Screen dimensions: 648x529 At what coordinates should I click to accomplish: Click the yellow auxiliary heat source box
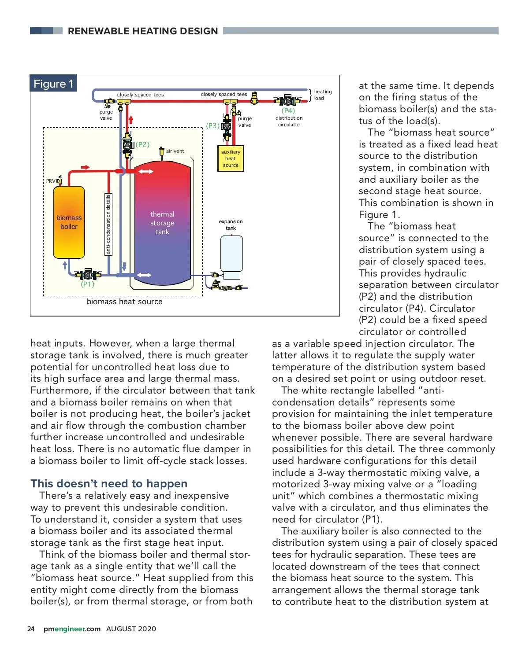click(231, 158)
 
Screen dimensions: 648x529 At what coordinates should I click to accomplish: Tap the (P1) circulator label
click(88, 284)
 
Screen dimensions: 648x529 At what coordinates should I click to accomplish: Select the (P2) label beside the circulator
click(142, 144)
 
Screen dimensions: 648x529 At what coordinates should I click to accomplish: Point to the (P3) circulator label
click(212, 125)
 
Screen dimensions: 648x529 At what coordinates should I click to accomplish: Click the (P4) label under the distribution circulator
click(288, 110)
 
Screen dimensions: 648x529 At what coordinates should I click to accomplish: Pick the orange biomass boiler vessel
click(69, 222)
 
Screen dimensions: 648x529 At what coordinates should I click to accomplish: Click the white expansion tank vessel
click(231, 254)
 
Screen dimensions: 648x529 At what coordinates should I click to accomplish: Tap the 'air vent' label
click(175, 151)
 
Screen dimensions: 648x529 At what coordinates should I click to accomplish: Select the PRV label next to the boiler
click(51, 181)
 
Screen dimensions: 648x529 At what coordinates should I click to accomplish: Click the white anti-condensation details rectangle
click(108, 224)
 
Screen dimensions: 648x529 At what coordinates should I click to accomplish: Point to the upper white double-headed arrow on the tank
click(145, 171)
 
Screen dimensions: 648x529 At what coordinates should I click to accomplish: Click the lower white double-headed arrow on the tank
click(144, 275)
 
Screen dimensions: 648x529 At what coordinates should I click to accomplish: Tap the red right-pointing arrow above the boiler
click(86, 167)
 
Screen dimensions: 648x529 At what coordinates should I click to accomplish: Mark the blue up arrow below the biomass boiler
click(65, 265)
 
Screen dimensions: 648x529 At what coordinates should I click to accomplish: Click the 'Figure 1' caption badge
click(53, 84)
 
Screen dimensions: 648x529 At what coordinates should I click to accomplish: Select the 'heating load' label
click(322, 95)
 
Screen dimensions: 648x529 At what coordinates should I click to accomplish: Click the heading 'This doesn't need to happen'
click(109, 483)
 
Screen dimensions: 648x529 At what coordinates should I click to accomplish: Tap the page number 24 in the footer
click(31, 629)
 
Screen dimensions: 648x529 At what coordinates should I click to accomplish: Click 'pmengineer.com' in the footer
click(72, 629)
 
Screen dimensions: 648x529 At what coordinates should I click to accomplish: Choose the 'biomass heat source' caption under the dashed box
click(124, 302)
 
